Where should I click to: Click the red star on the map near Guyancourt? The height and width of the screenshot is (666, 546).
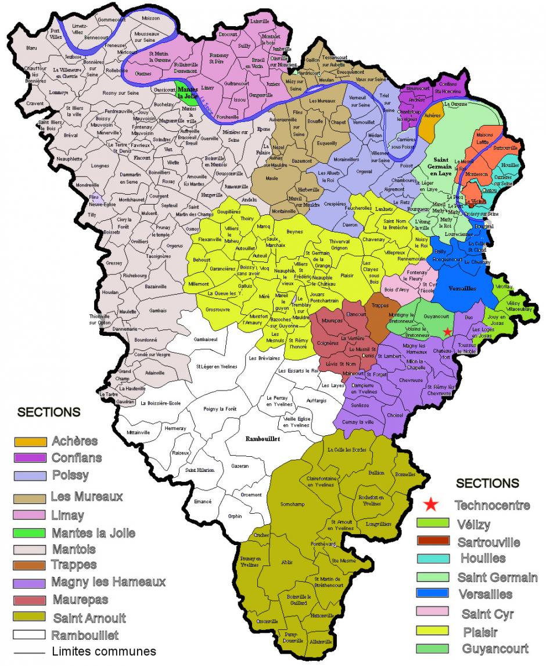pos(447,331)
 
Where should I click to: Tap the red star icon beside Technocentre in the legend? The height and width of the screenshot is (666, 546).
pos(430,504)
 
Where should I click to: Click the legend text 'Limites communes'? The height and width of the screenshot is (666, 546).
pos(104,651)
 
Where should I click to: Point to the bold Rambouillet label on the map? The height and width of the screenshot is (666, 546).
pos(260,439)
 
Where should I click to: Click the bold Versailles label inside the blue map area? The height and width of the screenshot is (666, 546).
pos(462,288)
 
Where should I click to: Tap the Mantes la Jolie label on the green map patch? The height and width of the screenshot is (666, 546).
pos(186,93)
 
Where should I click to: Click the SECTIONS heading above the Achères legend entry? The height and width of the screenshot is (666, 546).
pos(49,412)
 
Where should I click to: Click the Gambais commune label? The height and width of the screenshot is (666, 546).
pos(157,311)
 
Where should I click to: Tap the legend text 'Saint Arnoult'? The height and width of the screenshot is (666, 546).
pos(89,617)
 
